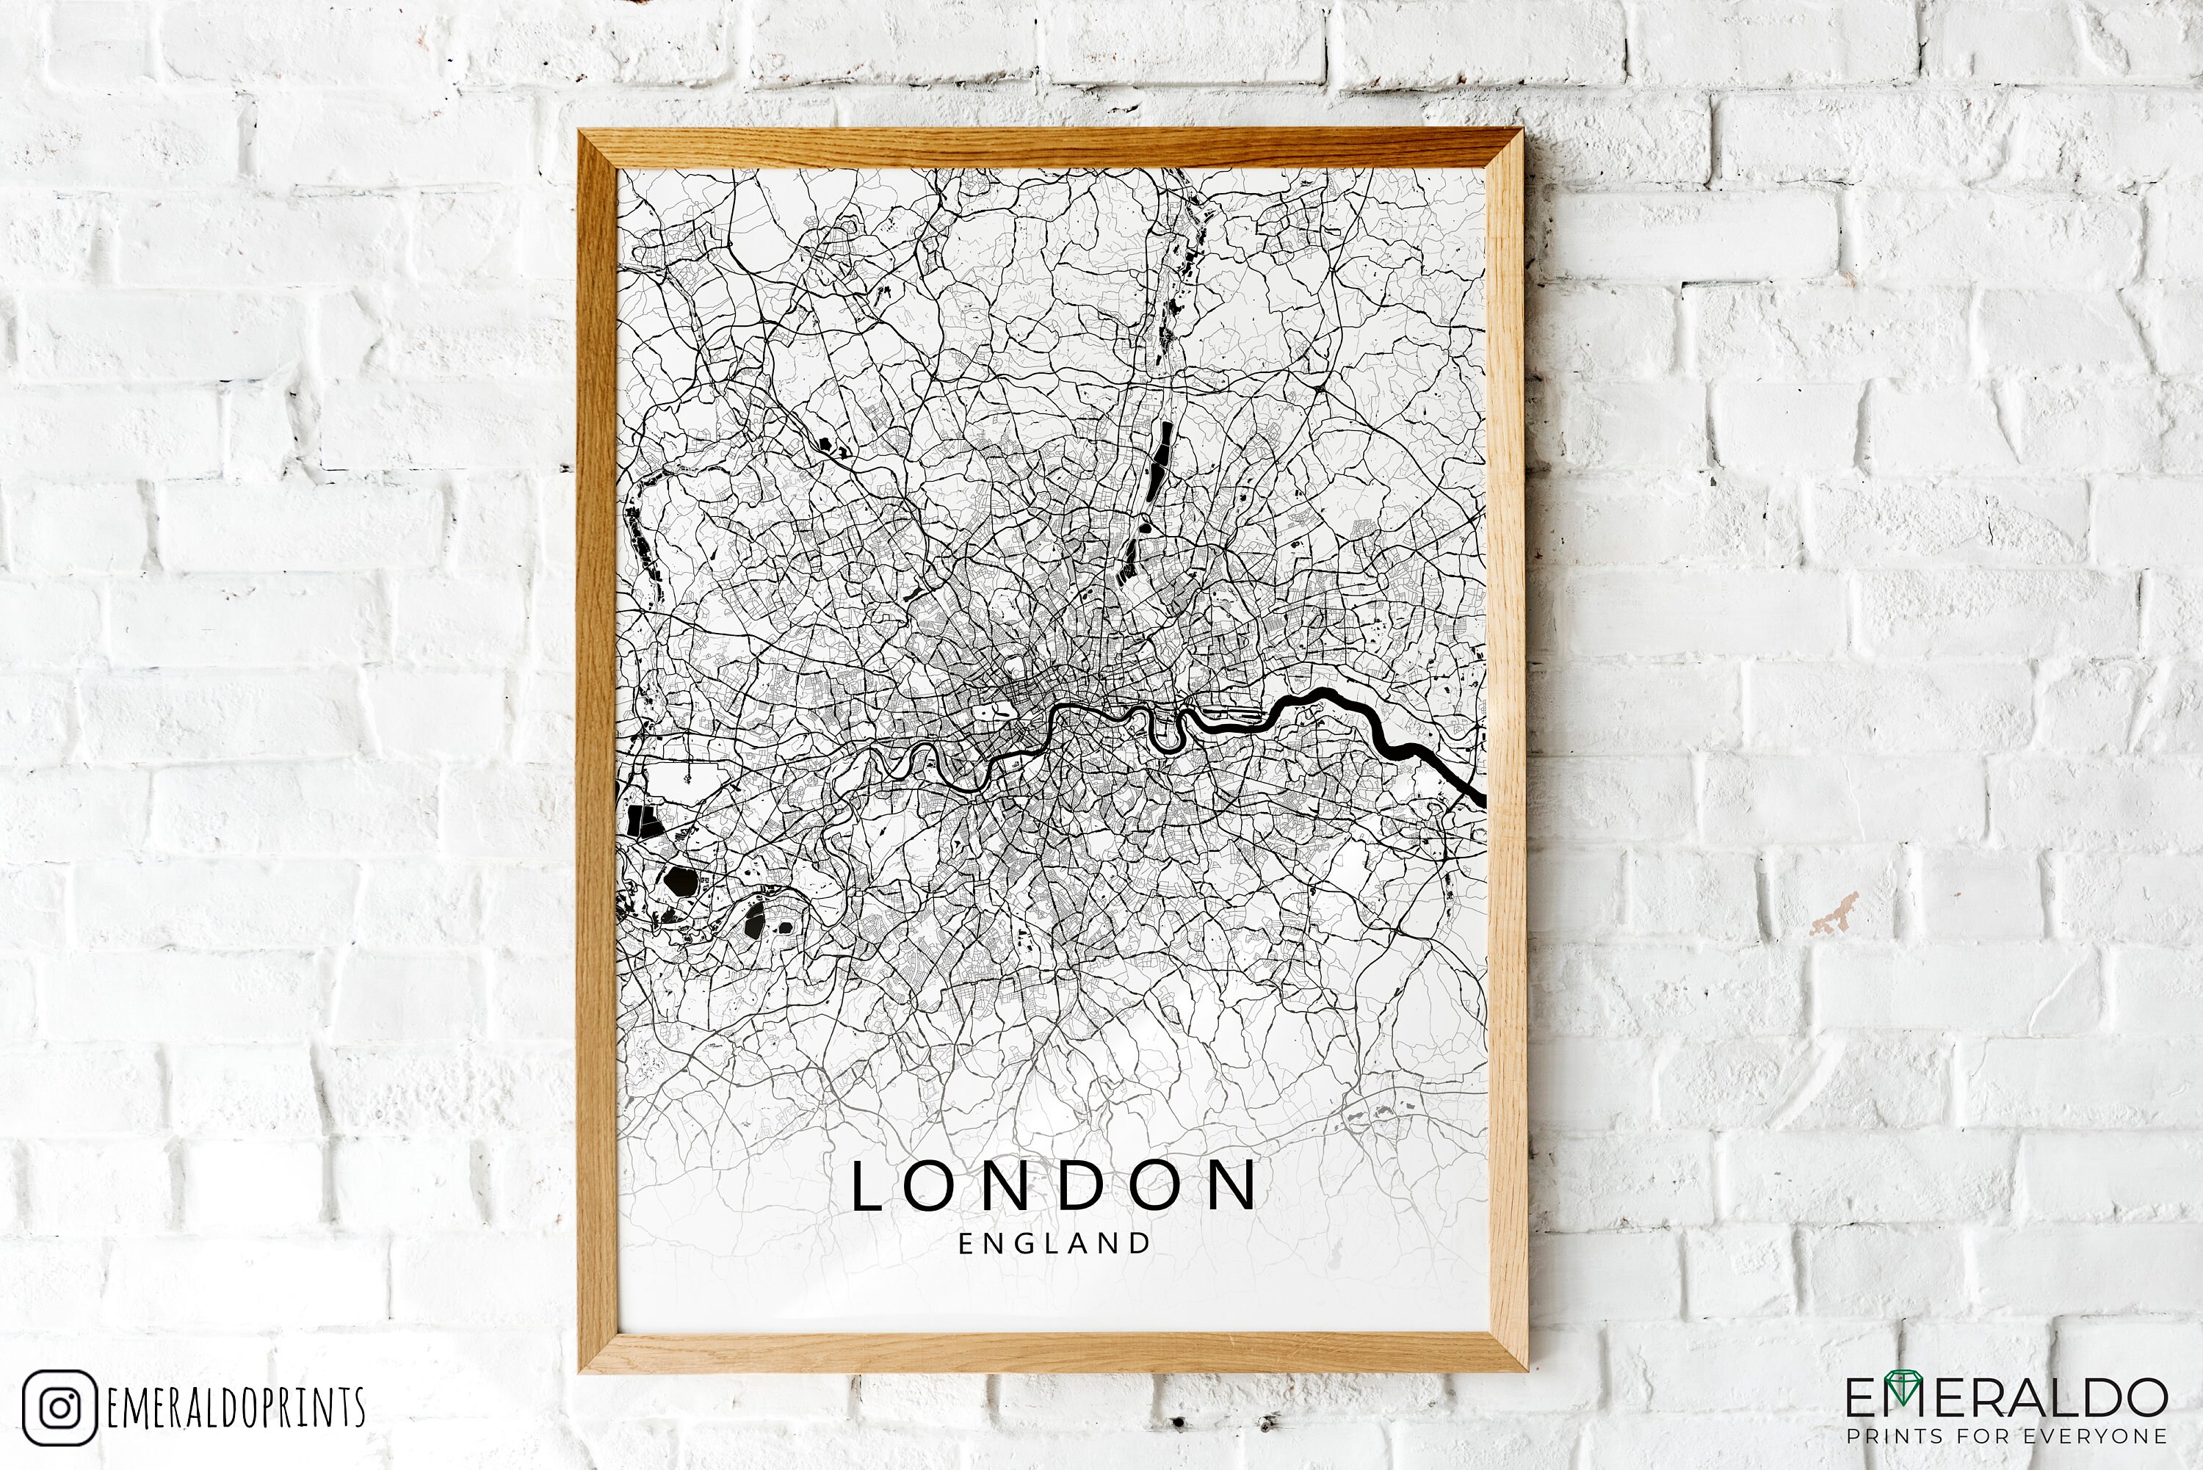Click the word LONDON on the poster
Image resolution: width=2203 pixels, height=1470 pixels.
click(1055, 1186)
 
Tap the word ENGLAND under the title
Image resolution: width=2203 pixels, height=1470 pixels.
click(1055, 1244)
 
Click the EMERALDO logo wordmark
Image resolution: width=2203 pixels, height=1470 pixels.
click(2006, 1399)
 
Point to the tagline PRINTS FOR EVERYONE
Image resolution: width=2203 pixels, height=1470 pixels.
click(2006, 1436)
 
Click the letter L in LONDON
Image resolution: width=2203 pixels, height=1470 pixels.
click(867, 1186)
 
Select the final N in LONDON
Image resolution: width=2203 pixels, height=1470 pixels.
click(1236, 1186)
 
